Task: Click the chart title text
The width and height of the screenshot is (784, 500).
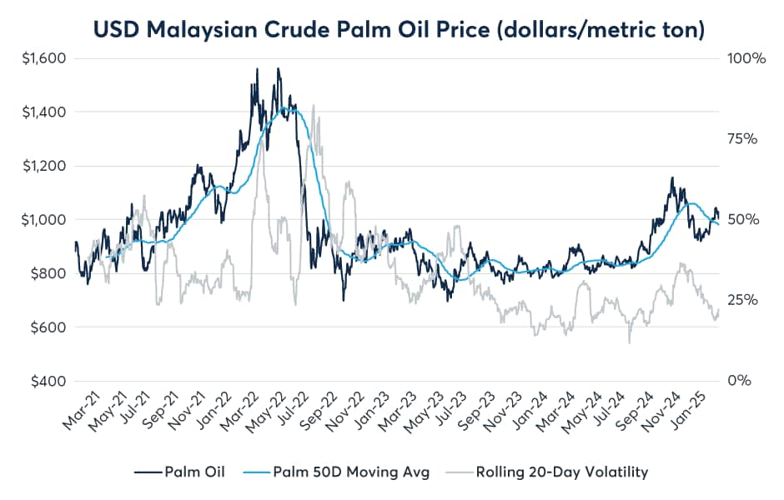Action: pos(400,29)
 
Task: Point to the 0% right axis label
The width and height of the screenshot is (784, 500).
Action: pos(737,381)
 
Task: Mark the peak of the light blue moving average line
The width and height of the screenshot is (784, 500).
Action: pos(285,108)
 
